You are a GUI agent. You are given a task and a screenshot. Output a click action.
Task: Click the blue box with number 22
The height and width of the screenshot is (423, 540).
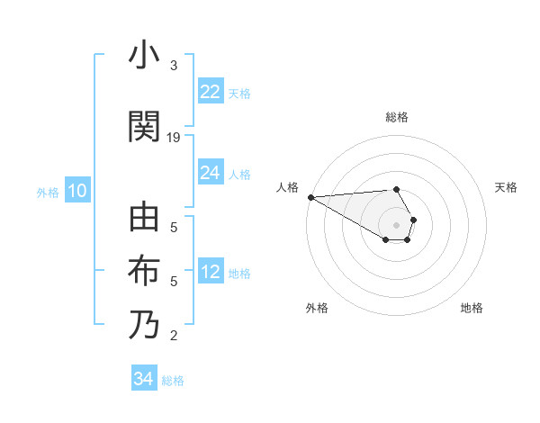pyautogui.click(x=211, y=92)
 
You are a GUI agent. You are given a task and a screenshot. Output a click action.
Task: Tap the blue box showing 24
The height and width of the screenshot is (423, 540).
pyautogui.click(x=211, y=173)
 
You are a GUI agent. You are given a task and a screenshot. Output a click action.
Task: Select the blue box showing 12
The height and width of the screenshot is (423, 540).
pyautogui.click(x=211, y=273)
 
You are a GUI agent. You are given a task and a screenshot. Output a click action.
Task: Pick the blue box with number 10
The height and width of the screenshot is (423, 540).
pyautogui.click(x=77, y=191)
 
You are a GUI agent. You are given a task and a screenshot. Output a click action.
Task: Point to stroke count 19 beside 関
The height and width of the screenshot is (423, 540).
pyautogui.click(x=174, y=138)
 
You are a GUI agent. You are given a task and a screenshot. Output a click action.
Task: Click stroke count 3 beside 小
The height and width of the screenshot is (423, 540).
pyautogui.click(x=174, y=66)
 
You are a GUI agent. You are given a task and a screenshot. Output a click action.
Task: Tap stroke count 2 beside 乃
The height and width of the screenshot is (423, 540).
pyautogui.click(x=174, y=337)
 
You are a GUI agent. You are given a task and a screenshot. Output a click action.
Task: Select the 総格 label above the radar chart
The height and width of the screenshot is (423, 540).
pyautogui.click(x=397, y=117)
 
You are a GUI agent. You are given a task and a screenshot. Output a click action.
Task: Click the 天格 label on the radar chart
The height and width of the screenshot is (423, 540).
pyautogui.click(x=507, y=187)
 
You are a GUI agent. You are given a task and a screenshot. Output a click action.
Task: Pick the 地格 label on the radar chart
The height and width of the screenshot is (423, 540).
pyautogui.click(x=472, y=308)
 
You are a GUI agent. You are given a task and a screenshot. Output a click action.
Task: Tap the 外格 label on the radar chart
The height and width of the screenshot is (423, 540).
pyautogui.click(x=317, y=308)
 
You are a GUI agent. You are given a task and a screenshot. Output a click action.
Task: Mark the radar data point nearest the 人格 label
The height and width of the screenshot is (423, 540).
pyautogui.click(x=310, y=197)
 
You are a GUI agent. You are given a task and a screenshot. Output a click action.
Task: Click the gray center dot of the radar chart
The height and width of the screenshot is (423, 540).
pyautogui.click(x=397, y=224)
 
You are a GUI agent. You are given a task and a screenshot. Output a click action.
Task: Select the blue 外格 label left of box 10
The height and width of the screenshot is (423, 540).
pyautogui.click(x=48, y=192)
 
